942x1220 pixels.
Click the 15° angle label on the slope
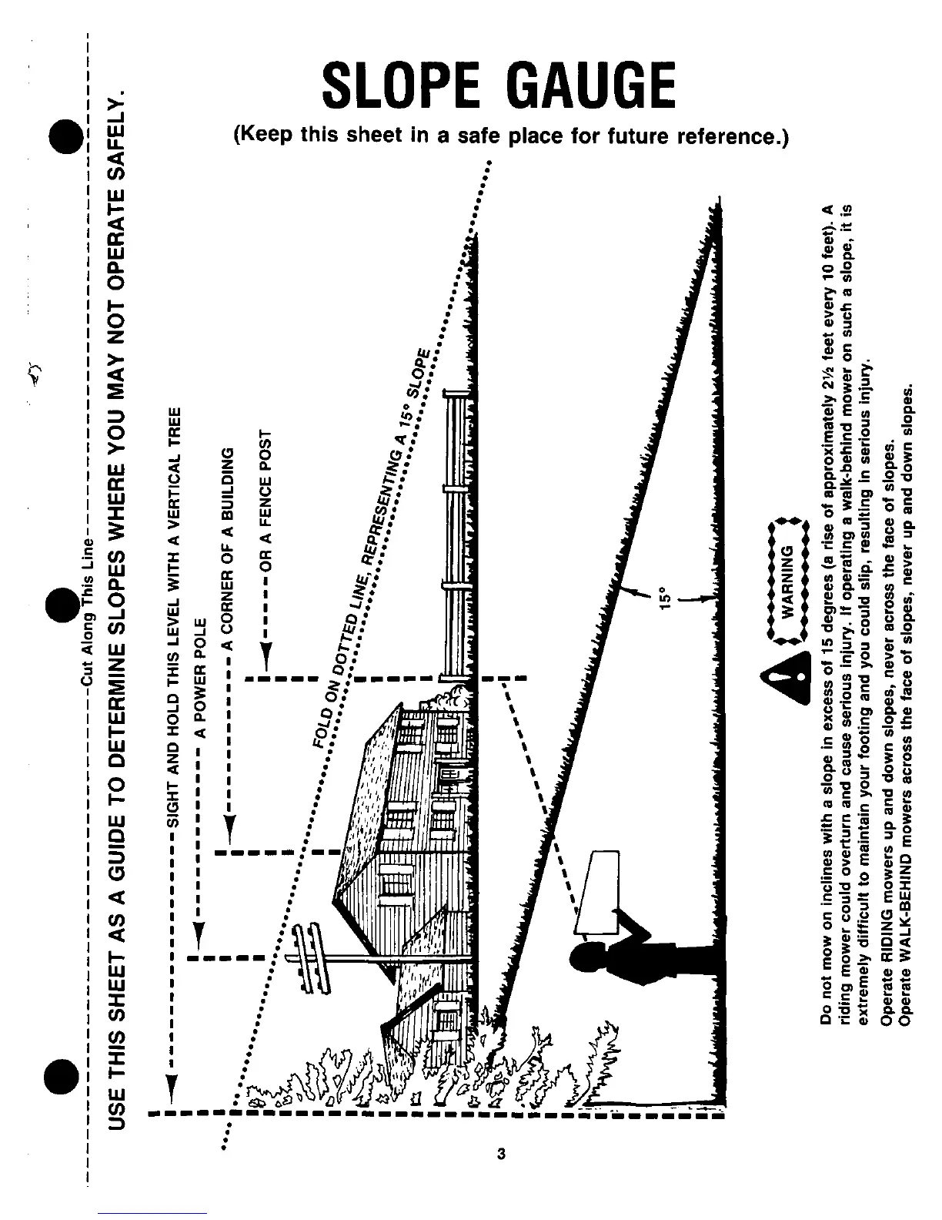pyautogui.click(x=666, y=602)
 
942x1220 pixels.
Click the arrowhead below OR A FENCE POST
pyautogui.click(x=266, y=659)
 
